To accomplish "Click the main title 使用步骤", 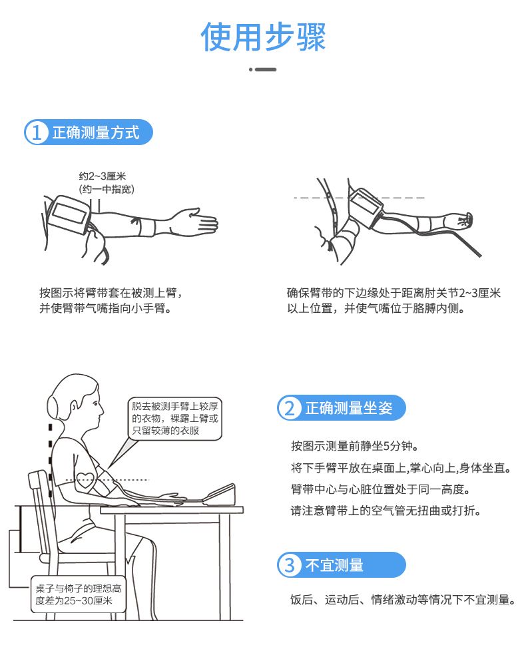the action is [263, 37].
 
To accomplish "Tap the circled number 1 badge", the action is [37, 132].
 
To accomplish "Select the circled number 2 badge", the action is [290, 408].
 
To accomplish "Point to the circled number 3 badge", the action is [290, 564].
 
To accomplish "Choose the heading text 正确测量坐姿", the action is [349, 408].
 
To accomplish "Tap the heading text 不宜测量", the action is [334, 565].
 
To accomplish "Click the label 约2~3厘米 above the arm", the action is [103, 176].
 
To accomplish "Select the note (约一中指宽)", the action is [107, 190].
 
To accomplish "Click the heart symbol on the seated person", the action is [85, 480].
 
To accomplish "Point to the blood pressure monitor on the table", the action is [220, 495].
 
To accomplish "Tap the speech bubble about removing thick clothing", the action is [174, 419].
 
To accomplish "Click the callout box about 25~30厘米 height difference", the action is [78, 594].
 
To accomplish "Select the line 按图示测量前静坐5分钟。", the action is [355, 446].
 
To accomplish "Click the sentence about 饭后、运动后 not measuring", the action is [403, 600].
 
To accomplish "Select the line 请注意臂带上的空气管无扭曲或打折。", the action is [386, 511].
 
